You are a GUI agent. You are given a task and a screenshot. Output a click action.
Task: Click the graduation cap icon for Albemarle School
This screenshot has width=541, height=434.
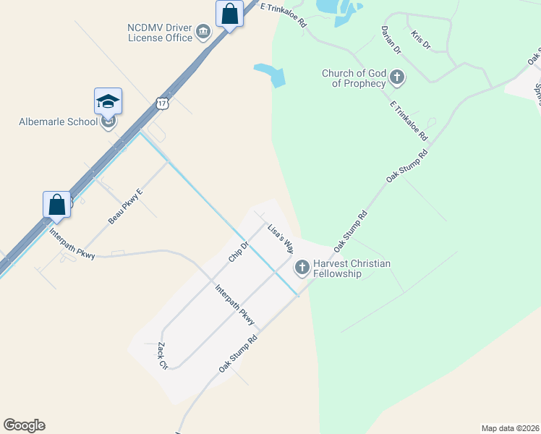108,101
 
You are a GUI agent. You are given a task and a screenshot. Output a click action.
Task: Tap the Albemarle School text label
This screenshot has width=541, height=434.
58,122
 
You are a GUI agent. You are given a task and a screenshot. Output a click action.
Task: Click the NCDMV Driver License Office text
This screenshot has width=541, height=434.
160,33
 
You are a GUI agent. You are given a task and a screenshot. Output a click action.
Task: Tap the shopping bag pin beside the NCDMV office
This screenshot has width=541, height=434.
229,14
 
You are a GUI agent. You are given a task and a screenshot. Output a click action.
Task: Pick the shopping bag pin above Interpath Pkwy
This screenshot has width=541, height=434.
56,205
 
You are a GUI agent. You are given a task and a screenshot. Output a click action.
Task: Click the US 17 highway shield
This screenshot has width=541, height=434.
162,104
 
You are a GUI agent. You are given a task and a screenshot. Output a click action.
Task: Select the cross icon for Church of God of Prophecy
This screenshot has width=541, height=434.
396,76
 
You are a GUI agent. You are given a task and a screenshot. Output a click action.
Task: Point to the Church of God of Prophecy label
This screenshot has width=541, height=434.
354,78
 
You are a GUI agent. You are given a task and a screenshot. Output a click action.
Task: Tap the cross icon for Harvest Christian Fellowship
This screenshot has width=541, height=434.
302,268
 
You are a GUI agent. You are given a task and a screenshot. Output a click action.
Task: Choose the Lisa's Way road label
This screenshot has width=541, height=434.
280,237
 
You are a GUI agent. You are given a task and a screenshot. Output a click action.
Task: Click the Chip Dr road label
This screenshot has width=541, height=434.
239,252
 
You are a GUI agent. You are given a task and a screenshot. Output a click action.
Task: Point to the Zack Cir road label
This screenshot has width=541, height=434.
162,356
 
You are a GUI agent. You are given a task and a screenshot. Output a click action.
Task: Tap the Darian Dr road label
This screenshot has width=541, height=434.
391,41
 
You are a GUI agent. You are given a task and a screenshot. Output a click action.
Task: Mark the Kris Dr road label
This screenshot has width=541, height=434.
420,40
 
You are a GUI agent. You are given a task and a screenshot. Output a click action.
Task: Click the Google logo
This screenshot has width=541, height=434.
24,425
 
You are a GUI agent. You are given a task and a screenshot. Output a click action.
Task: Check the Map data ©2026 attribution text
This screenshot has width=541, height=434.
510,427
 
